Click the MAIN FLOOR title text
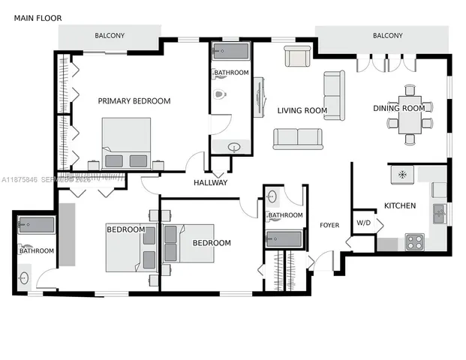(x=35, y=17)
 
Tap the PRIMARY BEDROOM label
(x=134, y=101)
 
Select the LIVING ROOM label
(x=302, y=111)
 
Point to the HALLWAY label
(x=211, y=183)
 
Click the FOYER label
(x=330, y=224)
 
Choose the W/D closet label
(x=363, y=223)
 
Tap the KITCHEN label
(x=400, y=205)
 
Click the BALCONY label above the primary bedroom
(x=110, y=35)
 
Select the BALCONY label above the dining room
(x=387, y=35)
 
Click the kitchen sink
(x=439, y=214)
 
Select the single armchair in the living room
(x=297, y=56)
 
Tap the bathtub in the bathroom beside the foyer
(x=284, y=240)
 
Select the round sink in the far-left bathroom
(x=24, y=277)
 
